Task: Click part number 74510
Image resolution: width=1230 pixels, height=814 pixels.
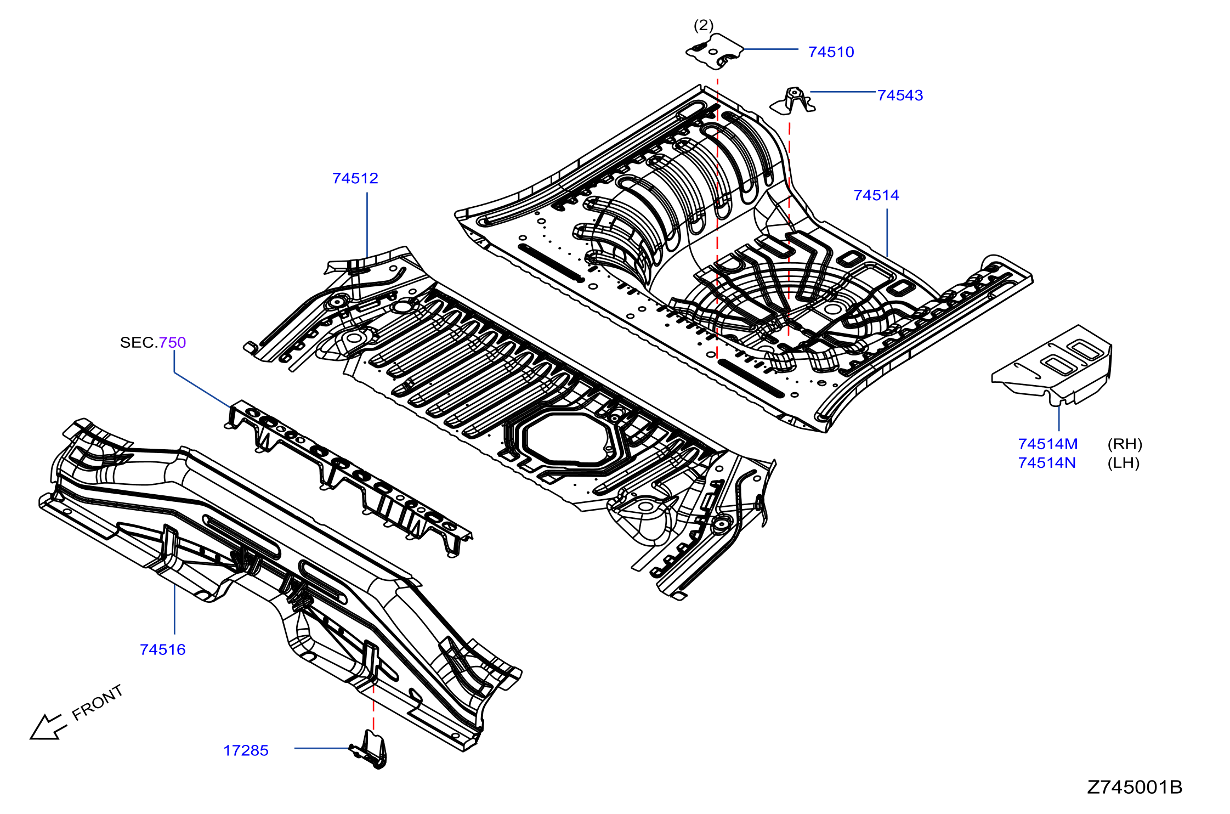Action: coord(831,52)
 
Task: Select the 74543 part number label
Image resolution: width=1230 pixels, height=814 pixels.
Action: coord(900,95)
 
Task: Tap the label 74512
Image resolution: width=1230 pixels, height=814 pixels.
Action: coord(355,178)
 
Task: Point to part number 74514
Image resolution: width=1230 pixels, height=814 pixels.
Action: coord(876,195)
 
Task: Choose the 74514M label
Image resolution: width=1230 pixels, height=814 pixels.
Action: coord(1048,444)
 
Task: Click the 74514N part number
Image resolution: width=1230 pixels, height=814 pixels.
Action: coord(1047,463)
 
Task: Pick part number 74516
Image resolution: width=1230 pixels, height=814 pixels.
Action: coord(163,649)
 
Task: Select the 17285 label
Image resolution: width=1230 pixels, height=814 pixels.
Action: coord(246,750)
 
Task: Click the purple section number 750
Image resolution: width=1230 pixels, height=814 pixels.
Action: coord(173,342)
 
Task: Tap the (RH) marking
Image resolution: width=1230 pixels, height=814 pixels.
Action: coord(1125,444)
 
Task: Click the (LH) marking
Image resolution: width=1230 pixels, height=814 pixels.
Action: coord(1124,463)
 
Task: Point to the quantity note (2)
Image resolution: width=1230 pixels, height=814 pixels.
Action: coord(704,25)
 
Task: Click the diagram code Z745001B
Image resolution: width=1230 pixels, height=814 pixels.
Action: coord(1135,787)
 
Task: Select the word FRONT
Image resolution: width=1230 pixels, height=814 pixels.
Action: coord(98,703)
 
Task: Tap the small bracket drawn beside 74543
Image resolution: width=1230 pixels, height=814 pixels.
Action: coord(793,101)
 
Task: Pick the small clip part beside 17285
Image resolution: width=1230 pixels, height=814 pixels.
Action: coord(369,749)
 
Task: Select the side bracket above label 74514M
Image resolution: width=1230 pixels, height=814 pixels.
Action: coord(1052,365)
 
